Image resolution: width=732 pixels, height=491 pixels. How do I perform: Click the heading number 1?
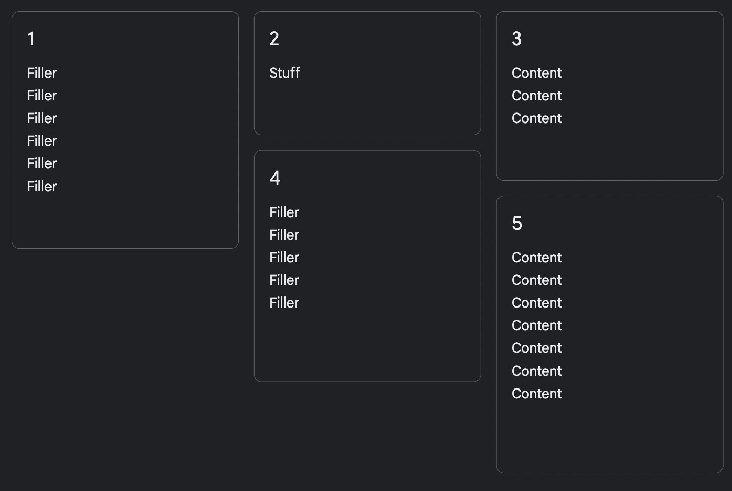click(x=31, y=38)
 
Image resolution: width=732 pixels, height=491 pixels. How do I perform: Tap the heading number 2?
click(x=274, y=38)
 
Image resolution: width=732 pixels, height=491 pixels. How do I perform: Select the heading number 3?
click(x=516, y=38)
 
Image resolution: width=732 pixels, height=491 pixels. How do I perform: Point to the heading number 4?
click(x=275, y=178)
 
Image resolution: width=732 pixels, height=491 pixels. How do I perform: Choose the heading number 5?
click(x=517, y=223)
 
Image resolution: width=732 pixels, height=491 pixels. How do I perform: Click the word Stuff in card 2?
click(x=284, y=73)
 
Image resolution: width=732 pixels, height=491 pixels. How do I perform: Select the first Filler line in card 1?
click(x=42, y=73)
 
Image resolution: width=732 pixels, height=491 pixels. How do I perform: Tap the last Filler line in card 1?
click(x=42, y=187)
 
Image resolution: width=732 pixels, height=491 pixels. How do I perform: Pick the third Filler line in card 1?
click(x=42, y=118)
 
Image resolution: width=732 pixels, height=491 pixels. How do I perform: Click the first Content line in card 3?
click(x=536, y=73)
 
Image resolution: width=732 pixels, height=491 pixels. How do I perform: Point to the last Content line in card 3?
click(x=536, y=118)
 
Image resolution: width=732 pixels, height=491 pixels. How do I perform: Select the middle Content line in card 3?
click(x=536, y=96)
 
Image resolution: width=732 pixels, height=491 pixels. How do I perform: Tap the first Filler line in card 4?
click(x=284, y=212)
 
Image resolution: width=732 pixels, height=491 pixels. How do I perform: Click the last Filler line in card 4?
click(x=284, y=303)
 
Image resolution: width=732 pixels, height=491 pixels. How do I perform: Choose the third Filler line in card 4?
click(x=284, y=258)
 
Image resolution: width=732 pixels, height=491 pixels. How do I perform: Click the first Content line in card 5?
click(x=536, y=258)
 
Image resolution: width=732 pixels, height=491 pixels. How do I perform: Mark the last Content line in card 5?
click(x=536, y=394)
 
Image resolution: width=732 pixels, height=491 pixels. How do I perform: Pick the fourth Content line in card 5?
click(x=536, y=325)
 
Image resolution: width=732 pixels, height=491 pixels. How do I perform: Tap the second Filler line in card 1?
click(x=42, y=96)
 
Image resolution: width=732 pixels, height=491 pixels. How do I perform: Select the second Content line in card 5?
click(x=536, y=280)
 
